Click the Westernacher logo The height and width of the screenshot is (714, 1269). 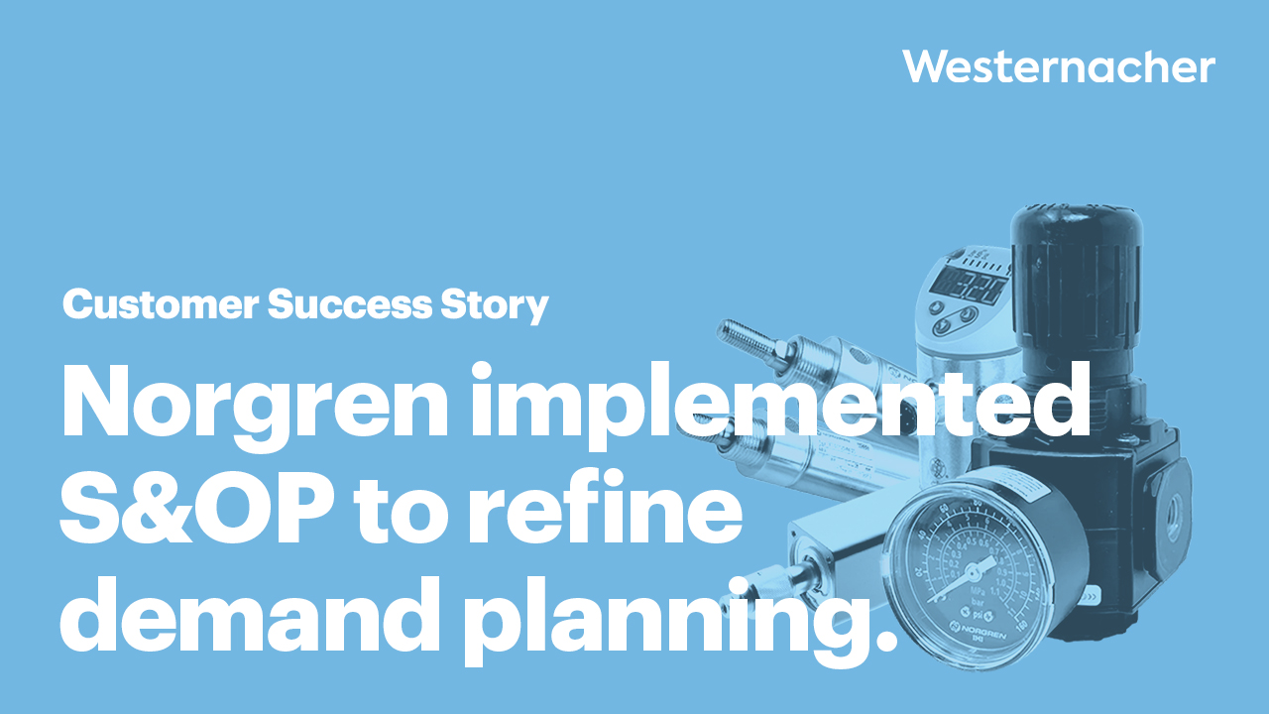(x=1058, y=67)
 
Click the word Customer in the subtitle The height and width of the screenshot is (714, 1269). (x=160, y=305)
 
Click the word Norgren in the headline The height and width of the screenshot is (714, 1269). (x=253, y=405)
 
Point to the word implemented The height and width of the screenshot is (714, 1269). (x=778, y=405)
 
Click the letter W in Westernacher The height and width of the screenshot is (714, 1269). (x=924, y=67)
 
